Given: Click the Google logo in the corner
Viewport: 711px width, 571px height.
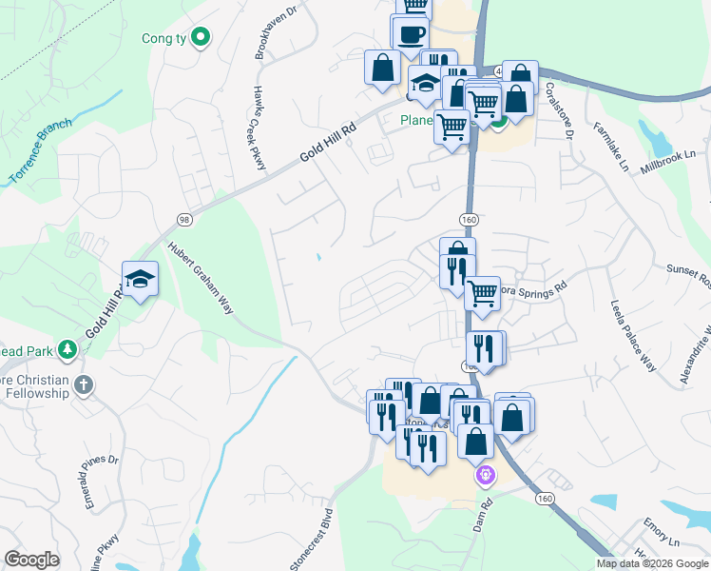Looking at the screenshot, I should (x=31, y=560).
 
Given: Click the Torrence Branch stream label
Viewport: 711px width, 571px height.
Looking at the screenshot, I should (x=41, y=149).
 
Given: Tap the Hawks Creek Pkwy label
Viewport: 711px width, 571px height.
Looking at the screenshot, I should (x=258, y=128).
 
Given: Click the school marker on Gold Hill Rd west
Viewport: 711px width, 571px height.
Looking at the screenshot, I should (x=140, y=279).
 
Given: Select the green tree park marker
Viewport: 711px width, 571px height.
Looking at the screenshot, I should (x=67, y=350).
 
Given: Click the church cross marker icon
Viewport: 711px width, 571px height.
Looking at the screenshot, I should (x=84, y=385).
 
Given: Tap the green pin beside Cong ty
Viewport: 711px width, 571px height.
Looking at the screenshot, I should (x=200, y=37).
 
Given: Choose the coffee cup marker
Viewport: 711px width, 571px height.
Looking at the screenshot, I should (x=412, y=35).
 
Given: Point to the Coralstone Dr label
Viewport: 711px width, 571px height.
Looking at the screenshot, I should (x=558, y=109).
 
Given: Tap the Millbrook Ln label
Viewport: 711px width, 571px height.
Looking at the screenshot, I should (x=669, y=152).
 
